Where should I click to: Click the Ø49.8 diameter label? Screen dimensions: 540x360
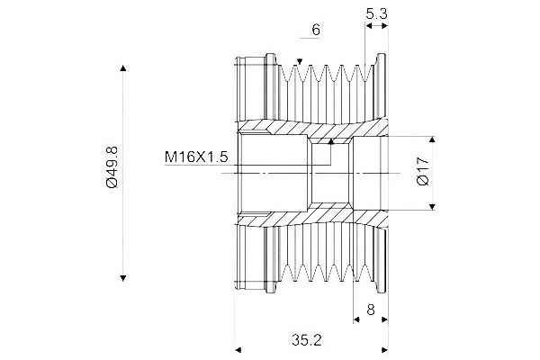pos(112,166)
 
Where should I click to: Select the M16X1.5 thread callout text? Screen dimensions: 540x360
pos(196,157)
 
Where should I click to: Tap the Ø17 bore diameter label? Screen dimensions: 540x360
pos(423,171)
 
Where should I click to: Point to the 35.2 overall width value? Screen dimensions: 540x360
pos(307,340)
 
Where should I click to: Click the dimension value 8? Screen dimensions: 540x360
pos(371,310)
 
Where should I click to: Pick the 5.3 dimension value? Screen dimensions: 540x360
pos(376,13)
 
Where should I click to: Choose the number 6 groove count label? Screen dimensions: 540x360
pos(316,30)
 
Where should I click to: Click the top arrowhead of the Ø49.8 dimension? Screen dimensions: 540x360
pos(123,67)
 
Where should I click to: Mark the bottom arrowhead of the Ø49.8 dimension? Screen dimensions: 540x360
pos(123,278)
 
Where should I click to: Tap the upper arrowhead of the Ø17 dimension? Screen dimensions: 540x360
pos(433,139)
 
